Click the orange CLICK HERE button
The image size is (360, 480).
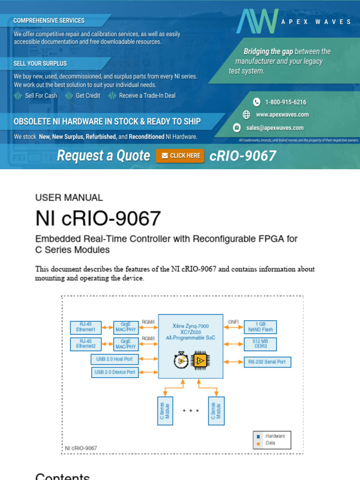[x=180, y=156]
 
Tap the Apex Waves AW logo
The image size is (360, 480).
[x=257, y=21]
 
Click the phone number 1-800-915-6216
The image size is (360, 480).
[x=285, y=102]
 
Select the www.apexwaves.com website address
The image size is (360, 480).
[x=282, y=115]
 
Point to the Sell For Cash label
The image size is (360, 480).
[x=41, y=96]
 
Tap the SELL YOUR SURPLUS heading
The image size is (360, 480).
[x=40, y=63]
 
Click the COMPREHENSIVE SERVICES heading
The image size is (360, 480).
[x=49, y=21]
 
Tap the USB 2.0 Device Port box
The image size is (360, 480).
[x=114, y=372]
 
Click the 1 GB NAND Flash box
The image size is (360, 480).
[x=260, y=327]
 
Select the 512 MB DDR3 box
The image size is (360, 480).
[x=260, y=344]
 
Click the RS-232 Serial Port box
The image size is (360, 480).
[x=268, y=362]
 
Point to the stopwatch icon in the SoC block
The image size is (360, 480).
[x=181, y=360]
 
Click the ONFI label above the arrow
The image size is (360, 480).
[x=233, y=322]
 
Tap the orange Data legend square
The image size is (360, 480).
[x=258, y=443]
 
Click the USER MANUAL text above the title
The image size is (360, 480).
[x=69, y=198]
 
